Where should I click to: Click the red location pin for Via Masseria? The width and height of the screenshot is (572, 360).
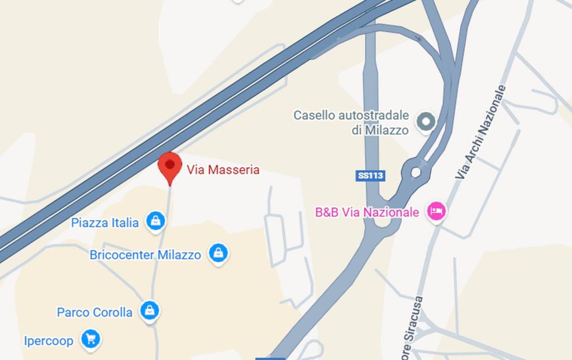pos(170,166)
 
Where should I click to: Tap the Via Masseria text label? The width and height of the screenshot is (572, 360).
pos(223,169)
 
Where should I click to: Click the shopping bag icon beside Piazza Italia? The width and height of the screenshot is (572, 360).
pos(156,221)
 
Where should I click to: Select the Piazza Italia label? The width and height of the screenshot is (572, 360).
pos(105,223)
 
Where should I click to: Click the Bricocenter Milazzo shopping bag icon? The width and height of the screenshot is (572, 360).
pos(218,253)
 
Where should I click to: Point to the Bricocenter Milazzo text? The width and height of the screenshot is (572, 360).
pos(145,255)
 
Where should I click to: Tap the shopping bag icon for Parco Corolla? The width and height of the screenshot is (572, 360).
pos(150,310)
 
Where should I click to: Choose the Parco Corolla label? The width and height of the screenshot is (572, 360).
pos(94,312)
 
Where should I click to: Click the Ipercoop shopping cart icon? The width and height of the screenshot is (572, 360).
pos(90,338)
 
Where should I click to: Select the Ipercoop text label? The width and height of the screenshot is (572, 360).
pos(49,340)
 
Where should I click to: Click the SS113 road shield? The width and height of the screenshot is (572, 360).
pos(370,176)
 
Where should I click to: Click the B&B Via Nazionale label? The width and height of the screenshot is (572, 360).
pos(367,212)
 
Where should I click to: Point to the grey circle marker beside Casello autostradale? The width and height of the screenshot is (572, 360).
pos(427,122)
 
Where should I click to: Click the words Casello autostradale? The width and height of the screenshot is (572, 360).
pos(351,116)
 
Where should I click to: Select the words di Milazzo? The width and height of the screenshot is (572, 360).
pos(380,130)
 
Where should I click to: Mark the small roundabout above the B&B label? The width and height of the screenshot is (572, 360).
pos(416,171)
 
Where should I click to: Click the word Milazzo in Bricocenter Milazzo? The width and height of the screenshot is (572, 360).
pos(179,255)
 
